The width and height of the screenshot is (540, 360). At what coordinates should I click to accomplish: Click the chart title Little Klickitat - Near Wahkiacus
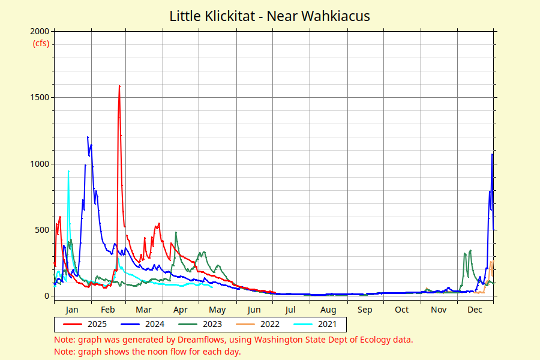(x=269, y=16)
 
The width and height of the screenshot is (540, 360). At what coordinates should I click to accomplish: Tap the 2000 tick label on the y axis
(x=40, y=31)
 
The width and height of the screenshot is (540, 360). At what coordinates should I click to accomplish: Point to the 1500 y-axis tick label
(x=40, y=97)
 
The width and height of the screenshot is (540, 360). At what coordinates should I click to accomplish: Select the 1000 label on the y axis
(x=40, y=164)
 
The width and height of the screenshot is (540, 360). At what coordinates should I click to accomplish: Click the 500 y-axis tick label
(x=42, y=230)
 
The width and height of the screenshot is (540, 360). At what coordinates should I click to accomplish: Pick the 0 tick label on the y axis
(x=47, y=296)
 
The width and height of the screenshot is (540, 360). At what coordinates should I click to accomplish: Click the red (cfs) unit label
(x=41, y=44)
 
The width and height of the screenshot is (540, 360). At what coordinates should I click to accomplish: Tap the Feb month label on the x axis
(x=108, y=310)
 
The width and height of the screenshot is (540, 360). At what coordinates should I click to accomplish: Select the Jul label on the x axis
(x=290, y=310)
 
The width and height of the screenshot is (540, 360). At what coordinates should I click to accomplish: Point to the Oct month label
(x=401, y=310)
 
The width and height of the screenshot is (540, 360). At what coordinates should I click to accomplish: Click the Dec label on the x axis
(x=475, y=310)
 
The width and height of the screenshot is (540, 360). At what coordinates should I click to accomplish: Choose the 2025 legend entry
(x=85, y=324)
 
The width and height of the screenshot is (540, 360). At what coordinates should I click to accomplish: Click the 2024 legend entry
(x=143, y=324)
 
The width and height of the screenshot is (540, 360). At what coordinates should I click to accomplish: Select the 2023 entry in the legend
(x=200, y=324)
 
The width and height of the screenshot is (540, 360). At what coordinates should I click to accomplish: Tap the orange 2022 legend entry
(x=257, y=324)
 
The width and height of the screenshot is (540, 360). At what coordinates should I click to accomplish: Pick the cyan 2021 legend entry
(x=315, y=324)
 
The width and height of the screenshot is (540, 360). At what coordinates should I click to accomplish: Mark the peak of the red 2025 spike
(x=119, y=86)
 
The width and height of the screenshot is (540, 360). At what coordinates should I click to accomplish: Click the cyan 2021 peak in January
(x=68, y=171)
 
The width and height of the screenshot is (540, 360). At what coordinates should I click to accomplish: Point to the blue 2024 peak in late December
(x=492, y=154)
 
